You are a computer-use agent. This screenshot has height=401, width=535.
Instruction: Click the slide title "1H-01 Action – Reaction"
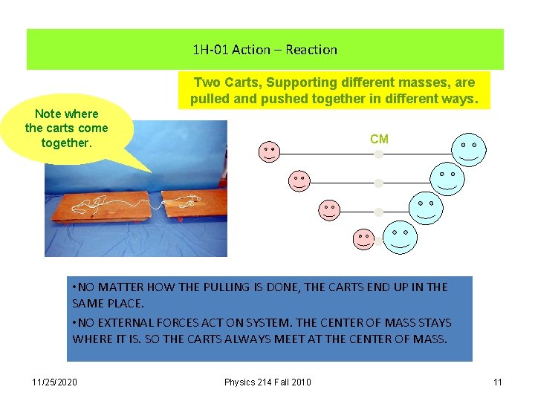click(x=265, y=50)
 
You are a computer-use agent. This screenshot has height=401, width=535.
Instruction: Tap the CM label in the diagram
click(x=379, y=139)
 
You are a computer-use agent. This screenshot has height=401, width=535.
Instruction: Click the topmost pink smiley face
click(x=269, y=151)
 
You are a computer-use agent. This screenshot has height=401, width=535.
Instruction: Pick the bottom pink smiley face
click(x=363, y=238)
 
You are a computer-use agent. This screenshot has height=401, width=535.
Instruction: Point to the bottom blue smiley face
click(x=400, y=235)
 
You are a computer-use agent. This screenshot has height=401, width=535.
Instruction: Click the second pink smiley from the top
click(x=299, y=181)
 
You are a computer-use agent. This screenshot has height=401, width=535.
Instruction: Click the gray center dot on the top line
click(x=378, y=154)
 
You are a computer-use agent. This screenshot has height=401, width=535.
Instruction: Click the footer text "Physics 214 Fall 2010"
click(x=267, y=382)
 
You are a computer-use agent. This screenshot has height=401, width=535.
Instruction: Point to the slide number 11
click(x=497, y=382)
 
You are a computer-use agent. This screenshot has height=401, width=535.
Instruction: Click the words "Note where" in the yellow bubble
click(x=66, y=114)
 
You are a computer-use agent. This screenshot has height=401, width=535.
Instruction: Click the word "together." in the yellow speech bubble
click(x=66, y=142)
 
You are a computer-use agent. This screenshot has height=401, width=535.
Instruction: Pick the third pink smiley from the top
click(x=329, y=210)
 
